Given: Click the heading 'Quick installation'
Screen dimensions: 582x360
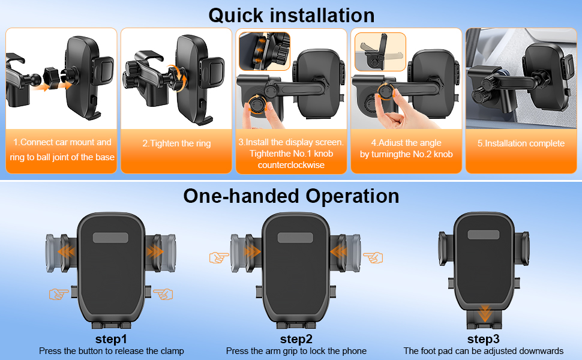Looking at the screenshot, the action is (x=292, y=16).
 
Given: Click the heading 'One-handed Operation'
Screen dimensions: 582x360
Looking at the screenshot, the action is (x=291, y=196).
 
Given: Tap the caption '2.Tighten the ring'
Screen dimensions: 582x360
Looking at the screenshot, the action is (x=176, y=143).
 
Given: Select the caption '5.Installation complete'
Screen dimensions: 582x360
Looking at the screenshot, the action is (x=521, y=143).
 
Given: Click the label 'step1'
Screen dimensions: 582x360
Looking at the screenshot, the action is (x=111, y=339).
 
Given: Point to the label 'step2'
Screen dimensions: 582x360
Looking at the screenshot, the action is (x=296, y=339).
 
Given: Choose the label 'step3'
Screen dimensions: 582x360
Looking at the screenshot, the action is (x=483, y=339).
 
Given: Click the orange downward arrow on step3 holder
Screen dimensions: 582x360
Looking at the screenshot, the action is (x=484, y=313).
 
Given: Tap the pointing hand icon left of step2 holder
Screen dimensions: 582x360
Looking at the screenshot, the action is (x=219, y=257).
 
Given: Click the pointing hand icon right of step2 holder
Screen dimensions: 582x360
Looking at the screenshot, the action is (x=373, y=257).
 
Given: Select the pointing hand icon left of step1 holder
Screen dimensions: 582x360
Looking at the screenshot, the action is (x=59, y=295).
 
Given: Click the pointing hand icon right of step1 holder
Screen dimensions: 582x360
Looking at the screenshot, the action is (x=163, y=295).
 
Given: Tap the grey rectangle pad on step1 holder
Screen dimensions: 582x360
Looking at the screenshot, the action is (x=110, y=238).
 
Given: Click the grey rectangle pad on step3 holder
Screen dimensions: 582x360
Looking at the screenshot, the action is (x=484, y=235).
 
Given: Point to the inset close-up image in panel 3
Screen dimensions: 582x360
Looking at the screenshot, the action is (x=264, y=51).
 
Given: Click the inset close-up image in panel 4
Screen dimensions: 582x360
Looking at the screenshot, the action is (x=380, y=52).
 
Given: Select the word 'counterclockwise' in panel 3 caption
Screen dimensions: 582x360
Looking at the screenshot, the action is (x=291, y=165).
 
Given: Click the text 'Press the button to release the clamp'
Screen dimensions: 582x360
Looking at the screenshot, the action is (x=112, y=351).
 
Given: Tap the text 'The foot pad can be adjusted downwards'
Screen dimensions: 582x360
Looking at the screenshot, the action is (x=483, y=351).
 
